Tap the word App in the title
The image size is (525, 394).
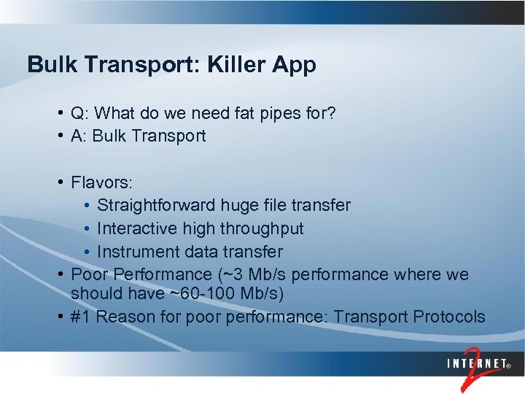(295, 66)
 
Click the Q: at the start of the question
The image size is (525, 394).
(80, 113)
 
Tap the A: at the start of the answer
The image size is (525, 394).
(79, 136)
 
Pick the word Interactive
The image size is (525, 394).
(132, 228)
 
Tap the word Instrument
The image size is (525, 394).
(132, 252)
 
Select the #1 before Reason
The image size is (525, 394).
(80, 317)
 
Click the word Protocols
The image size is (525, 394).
(448, 317)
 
